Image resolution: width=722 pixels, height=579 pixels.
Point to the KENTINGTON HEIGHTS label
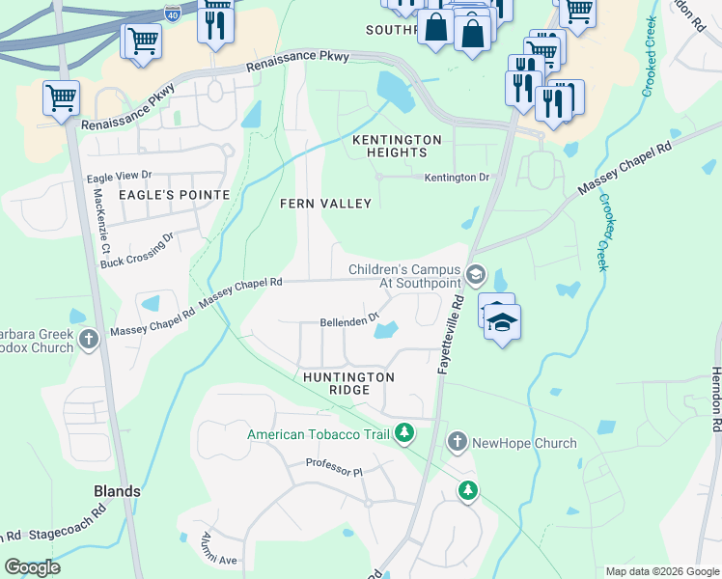[397, 147]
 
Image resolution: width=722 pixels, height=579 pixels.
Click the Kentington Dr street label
[458, 178]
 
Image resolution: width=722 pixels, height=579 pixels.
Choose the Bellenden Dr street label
[350, 322]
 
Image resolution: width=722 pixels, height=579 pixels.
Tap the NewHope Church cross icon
[458, 443]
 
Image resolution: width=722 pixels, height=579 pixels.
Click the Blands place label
[117, 491]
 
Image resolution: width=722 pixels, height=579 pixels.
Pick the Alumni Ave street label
[219, 550]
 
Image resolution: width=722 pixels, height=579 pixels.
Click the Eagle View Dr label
[120, 177]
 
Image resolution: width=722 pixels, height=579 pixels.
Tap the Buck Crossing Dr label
[136, 250]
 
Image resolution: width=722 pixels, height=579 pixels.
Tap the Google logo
[32, 566]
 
